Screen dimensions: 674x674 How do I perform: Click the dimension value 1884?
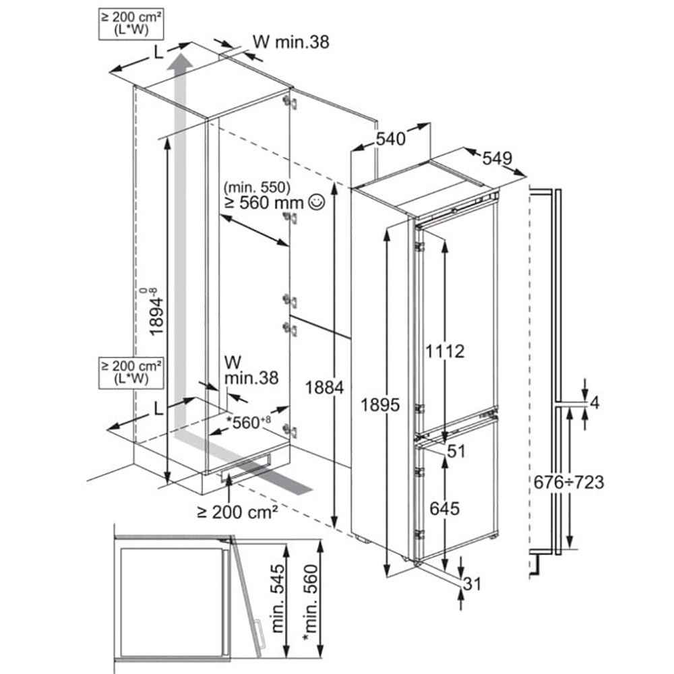click(325, 388)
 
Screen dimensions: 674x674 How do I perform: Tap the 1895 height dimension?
click(380, 404)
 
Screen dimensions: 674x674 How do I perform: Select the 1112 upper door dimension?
click(445, 351)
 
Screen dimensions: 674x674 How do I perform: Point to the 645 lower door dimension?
click(445, 508)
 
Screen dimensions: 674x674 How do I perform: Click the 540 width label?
click(391, 139)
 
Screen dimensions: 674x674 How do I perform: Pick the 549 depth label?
click(497, 158)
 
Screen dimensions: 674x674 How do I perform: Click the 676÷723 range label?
click(569, 483)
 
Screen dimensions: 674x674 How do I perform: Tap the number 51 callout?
click(456, 452)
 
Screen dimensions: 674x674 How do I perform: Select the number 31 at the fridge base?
click(472, 584)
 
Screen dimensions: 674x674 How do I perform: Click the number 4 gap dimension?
click(594, 403)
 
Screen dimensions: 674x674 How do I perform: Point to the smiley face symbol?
click(317, 202)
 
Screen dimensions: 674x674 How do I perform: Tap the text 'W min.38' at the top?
click(291, 42)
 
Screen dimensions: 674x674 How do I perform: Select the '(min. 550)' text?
click(257, 187)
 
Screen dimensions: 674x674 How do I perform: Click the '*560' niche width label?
click(249, 422)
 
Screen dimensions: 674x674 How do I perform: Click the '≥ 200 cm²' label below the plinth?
click(237, 512)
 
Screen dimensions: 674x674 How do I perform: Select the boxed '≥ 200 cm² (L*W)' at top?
click(131, 24)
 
